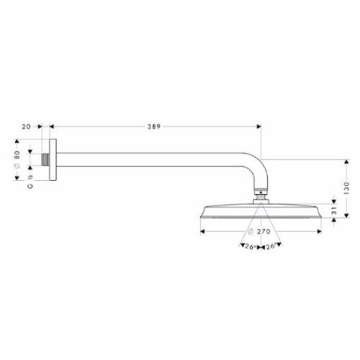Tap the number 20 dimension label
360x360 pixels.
(x=27, y=126)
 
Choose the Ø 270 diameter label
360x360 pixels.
(x=256, y=232)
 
